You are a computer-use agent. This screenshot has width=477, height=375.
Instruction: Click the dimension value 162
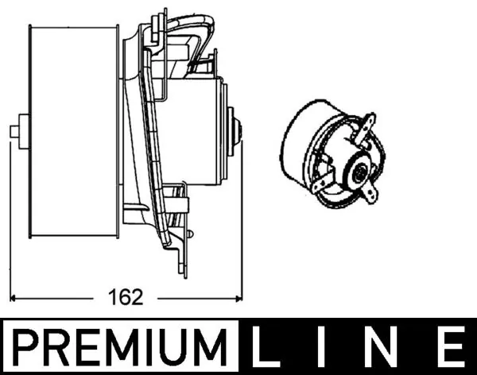[128, 298]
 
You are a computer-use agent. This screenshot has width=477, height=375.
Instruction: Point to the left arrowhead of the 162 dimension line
[17, 299]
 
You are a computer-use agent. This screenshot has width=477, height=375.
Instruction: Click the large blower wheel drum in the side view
[72, 131]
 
